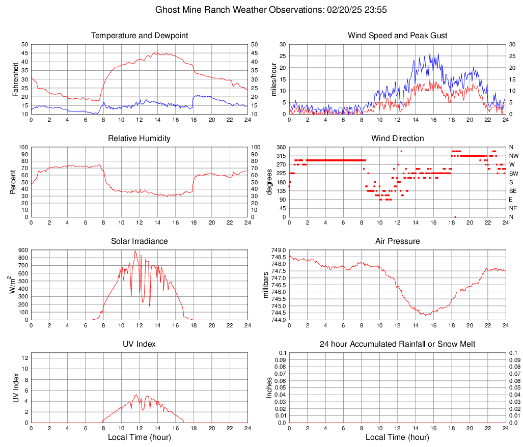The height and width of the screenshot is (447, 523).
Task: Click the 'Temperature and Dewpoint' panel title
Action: pos(140,36)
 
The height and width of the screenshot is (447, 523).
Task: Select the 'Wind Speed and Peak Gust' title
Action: pos(398,36)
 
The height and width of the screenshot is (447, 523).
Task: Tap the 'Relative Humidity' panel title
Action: pos(140,138)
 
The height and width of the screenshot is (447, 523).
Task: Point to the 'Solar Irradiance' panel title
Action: pos(140,241)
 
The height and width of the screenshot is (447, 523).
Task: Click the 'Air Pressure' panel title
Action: pos(398,241)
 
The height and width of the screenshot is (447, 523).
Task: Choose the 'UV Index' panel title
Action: pos(140,344)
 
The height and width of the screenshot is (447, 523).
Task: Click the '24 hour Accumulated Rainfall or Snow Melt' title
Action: pos(398,344)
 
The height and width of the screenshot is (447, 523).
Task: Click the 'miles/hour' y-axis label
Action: pos(273,79)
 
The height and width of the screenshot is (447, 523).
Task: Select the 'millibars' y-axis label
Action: pos(265,285)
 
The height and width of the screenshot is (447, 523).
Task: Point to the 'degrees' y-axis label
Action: pos(269,182)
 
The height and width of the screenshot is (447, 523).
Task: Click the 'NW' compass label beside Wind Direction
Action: pos(514,156)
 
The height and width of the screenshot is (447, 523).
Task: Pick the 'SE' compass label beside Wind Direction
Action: pos(513,191)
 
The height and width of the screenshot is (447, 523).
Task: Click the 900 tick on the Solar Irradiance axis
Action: pos(22,250)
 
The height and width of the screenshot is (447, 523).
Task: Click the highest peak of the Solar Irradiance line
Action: pos(135,250)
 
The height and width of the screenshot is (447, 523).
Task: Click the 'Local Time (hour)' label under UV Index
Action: pos(140,437)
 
